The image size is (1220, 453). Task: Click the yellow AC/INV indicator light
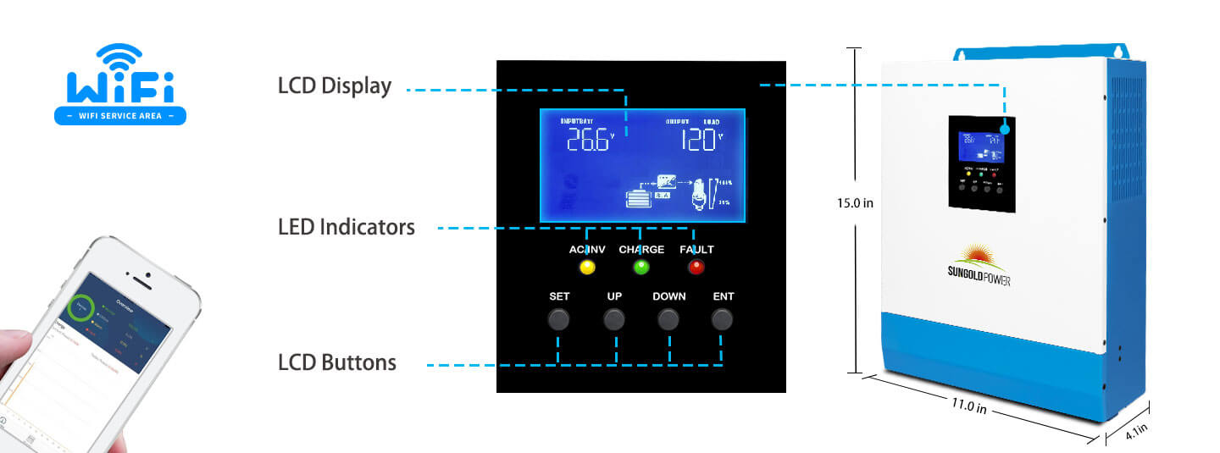(x=587, y=268)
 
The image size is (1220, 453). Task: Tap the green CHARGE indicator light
(x=641, y=268)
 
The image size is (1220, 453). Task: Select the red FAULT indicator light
(x=696, y=268)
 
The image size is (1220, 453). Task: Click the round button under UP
(x=614, y=319)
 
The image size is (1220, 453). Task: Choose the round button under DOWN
(x=669, y=319)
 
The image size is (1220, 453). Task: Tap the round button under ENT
(x=722, y=319)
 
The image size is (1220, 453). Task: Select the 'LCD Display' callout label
(x=335, y=86)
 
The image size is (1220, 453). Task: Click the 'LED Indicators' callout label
(x=347, y=227)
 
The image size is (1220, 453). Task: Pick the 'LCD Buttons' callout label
(x=337, y=362)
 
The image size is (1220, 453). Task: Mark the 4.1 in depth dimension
(x=1137, y=432)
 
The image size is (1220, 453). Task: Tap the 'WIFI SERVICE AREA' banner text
(x=120, y=115)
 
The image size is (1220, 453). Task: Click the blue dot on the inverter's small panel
(x=1006, y=129)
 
